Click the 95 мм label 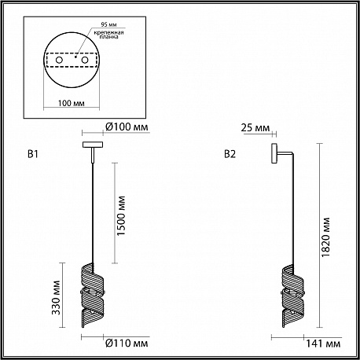tap(108, 24)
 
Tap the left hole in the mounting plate tap(59, 60)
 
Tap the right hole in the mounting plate tap(85, 60)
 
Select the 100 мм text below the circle tap(72, 103)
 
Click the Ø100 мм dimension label tap(127, 127)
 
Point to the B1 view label tap(33, 154)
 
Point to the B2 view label tap(230, 154)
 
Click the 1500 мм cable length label tap(121, 215)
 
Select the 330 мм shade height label tap(56, 297)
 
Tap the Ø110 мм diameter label tap(127, 343)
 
